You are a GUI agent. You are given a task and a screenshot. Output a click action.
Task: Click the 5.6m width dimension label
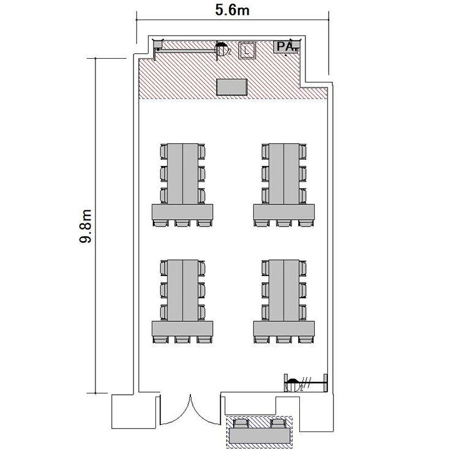232,10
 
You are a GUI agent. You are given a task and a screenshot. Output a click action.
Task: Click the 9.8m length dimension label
86,226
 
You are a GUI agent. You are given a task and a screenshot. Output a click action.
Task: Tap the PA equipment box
286,47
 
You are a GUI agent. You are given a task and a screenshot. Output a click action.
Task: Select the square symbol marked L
247,50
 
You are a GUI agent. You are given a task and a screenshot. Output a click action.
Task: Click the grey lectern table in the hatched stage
232,87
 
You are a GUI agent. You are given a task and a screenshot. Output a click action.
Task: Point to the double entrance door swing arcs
190,410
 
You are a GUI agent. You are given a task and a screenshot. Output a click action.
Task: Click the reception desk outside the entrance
259,436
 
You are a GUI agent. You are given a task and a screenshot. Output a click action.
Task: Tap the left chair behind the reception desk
242,424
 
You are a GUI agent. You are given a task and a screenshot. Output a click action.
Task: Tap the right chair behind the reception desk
278,424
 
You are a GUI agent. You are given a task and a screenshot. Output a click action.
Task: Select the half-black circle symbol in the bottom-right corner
293,385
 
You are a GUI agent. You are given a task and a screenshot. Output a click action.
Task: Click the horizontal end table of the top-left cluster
182,212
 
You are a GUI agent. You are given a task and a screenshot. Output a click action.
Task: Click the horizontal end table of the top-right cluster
284,212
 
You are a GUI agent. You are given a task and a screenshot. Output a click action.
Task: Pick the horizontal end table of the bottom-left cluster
182,329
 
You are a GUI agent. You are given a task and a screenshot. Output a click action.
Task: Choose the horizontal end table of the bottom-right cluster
284,329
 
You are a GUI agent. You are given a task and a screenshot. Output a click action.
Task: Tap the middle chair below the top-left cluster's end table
182,223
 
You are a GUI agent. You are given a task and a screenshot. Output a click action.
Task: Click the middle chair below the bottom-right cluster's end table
284,340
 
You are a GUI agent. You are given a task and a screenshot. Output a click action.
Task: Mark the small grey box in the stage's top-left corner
159,44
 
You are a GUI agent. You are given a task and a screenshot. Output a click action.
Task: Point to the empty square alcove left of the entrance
134,412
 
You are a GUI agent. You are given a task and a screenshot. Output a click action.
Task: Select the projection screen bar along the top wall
187,51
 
